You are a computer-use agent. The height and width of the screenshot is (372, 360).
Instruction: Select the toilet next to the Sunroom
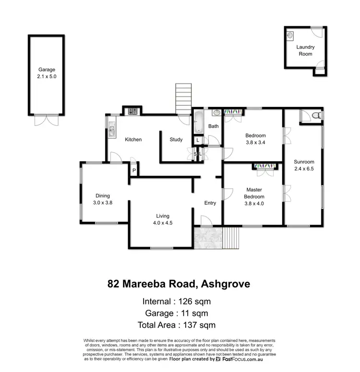(315, 116)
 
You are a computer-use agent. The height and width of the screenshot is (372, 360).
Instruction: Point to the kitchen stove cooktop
(131, 112)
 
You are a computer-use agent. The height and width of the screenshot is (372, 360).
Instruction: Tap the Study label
(176, 139)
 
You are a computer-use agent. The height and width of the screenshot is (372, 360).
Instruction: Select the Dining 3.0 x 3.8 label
(103, 199)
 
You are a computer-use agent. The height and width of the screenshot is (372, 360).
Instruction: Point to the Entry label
(210, 203)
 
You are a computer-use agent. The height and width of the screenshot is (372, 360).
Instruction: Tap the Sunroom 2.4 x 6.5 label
(304, 165)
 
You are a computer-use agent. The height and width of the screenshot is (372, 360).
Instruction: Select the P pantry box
(134, 170)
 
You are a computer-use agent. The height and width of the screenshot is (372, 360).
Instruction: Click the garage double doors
(46, 119)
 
